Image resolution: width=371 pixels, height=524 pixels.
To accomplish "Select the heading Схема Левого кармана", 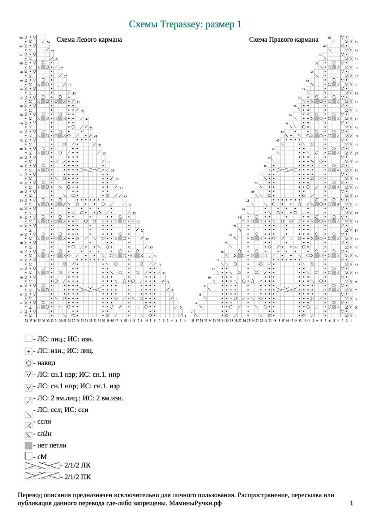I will (89, 40).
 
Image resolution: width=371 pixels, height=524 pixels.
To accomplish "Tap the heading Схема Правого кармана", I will (283, 40).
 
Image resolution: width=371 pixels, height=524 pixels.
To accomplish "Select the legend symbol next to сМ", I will (28, 456).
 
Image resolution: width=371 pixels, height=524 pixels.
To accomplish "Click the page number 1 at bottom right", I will (352, 503).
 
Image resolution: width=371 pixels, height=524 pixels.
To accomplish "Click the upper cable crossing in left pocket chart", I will (91, 170).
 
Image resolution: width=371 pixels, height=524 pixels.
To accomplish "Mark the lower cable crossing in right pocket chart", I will (287, 290).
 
